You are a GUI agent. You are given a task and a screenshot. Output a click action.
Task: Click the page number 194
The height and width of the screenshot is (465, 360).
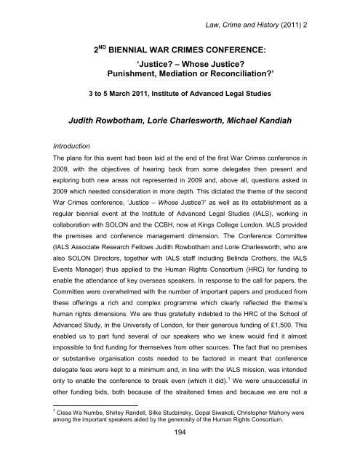point(180,453)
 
